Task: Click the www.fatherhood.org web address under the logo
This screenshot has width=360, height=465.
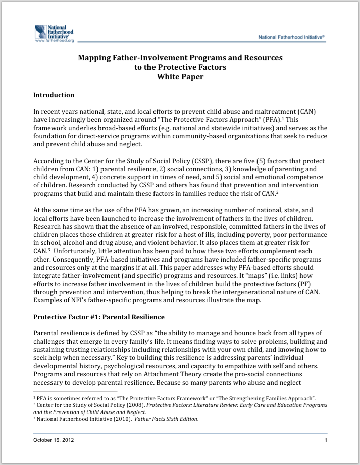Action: [x=55, y=41]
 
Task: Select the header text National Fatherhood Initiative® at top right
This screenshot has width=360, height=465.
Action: [x=291, y=37]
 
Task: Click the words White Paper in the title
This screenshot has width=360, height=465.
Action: [x=180, y=77]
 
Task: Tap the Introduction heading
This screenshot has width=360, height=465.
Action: [x=54, y=95]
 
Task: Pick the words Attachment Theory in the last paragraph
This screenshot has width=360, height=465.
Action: [x=160, y=374]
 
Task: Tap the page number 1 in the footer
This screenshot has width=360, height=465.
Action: [x=326, y=440]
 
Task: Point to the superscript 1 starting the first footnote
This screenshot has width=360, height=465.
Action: [x=34, y=398]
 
